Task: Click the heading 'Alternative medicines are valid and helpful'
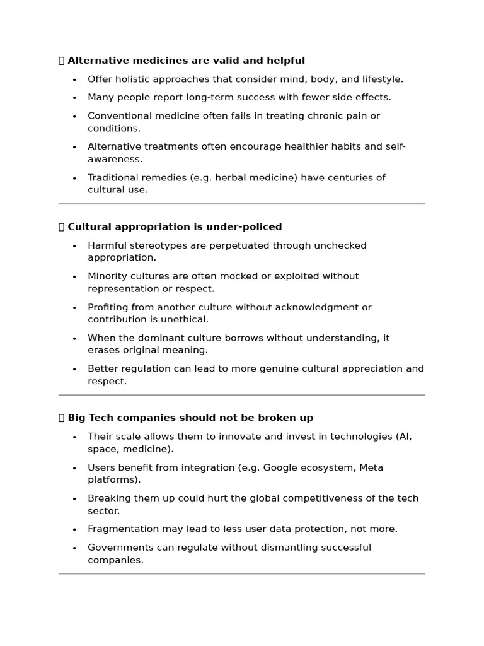186,61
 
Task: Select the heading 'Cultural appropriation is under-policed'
175,226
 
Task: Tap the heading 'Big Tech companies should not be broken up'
190,418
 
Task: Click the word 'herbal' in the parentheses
231,177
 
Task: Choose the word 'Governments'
118,547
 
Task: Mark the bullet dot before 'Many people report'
74,98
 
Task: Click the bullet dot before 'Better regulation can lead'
74,369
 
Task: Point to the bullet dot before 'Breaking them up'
74,498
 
